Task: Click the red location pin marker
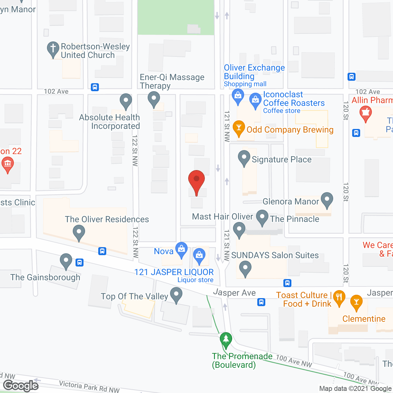click(196, 181)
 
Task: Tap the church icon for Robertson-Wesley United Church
click(53, 49)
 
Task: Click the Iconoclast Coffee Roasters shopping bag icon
click(255, 100)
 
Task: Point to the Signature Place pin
click(244, 158)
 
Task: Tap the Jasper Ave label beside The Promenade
click(235, 293)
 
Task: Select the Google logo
click(21, 386)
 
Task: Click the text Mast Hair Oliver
click(222, 217)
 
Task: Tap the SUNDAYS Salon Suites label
click(275, 255)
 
